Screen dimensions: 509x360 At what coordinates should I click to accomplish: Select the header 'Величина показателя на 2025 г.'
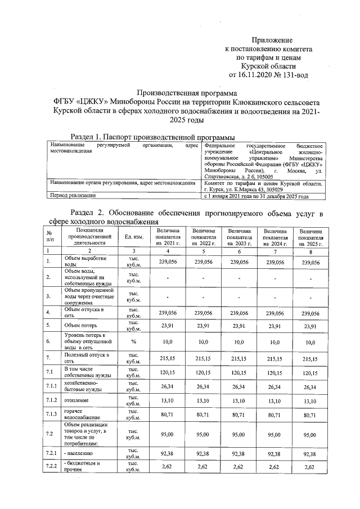click(310, 237)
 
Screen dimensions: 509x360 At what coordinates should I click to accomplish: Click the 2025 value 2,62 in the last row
click(310, 467)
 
